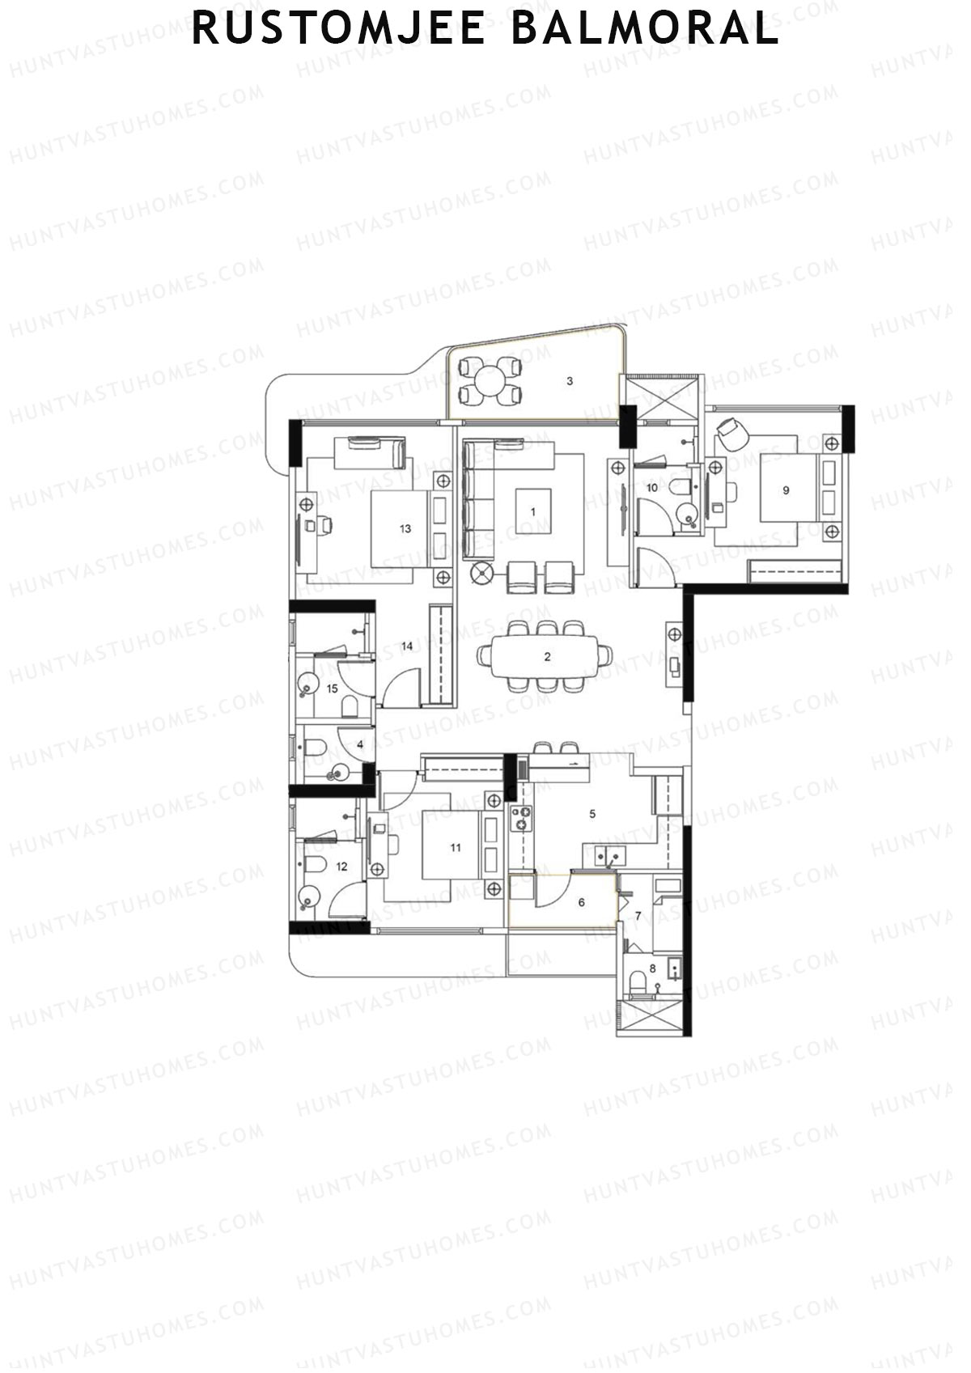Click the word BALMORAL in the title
coord(645,29)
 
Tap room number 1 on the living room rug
coord(532,511)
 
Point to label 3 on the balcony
coord(570,381)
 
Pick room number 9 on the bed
coord(786,489)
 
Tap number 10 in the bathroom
coord(651,488)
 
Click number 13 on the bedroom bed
coord(405,528)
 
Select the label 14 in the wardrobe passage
coord(407,646)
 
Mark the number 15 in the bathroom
coord(332,689)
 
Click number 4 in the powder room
coord(359,744)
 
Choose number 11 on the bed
coord(456,847)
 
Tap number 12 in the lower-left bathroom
coord(341,867)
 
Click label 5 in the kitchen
coord(592,814)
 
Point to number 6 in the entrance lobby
coord(581,902)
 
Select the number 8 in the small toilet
coord(652,968)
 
